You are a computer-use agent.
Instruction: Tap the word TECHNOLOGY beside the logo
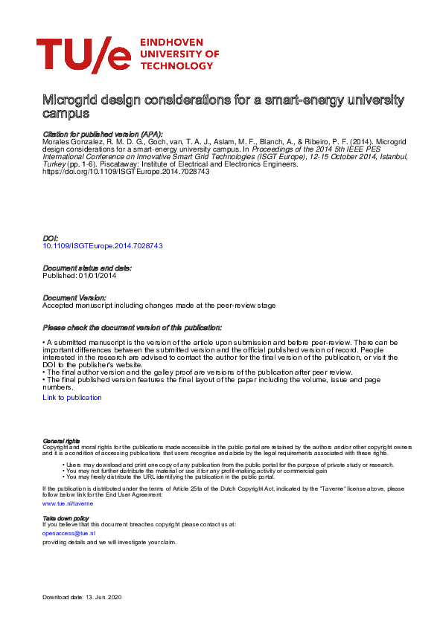pyautogui.click(x=177, y=65)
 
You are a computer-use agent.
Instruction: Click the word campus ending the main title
pyautogui.click(x=66, y=114)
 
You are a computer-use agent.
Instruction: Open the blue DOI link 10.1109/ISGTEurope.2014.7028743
pyautogui.click(x=103, y=245)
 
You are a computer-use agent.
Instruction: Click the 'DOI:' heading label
pyautogui.click(x=51, y=238)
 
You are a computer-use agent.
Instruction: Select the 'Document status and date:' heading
pyautogui.click(x=87, y=268)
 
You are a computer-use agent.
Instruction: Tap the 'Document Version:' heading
pyautogui.click(x=75, y=297)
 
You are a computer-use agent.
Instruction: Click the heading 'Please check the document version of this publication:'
pyautogui.click(x=133, y=327)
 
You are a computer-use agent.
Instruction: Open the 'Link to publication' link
pyautogui.click(x=72, y=398)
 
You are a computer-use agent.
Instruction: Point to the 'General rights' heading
pyautogui.click(x=62, y=442)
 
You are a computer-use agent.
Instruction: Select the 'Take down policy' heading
pyautogui.click(x=66, y=517)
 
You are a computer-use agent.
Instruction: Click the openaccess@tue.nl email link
pyautogui.click(x=69, y=533)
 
